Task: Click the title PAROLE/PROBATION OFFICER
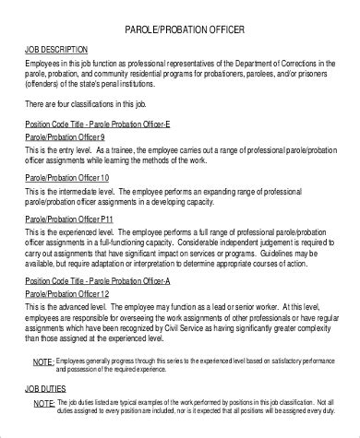tap(179, 30)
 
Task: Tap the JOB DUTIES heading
tap(52, 389)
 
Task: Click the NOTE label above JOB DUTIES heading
tap(42, 362)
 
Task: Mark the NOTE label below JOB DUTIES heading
tap(42, 403)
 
